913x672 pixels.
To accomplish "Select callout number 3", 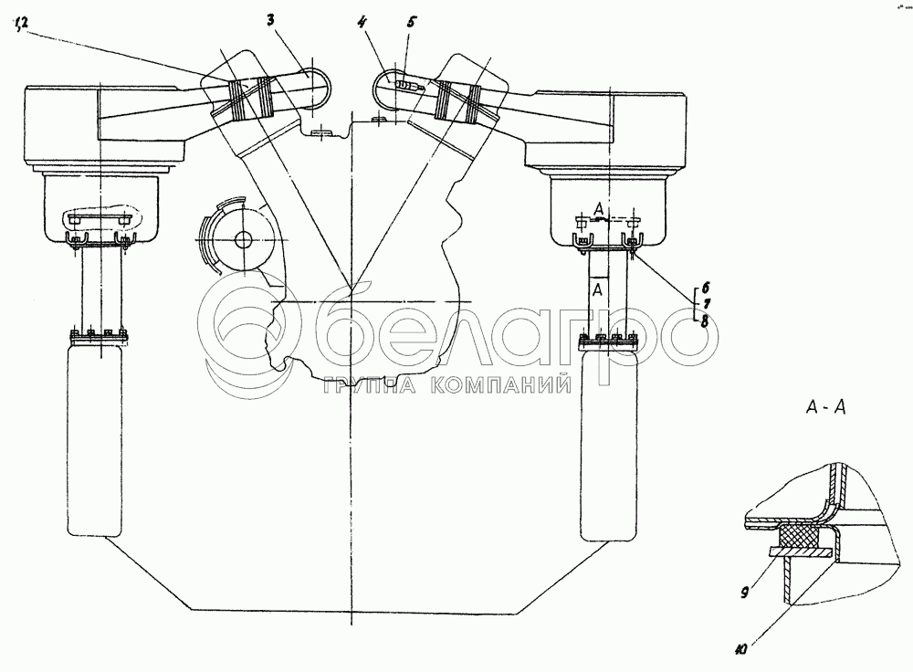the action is [x=271, y=20].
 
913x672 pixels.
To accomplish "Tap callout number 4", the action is [x=362, y=24].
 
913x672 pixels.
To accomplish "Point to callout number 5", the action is [x=412, y=22].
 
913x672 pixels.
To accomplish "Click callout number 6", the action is [x=705, y=287].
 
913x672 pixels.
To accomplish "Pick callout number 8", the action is [x=705, y=320].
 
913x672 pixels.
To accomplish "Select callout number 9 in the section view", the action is [x=744, y=593].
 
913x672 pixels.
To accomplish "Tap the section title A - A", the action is [x=825, y=407].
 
